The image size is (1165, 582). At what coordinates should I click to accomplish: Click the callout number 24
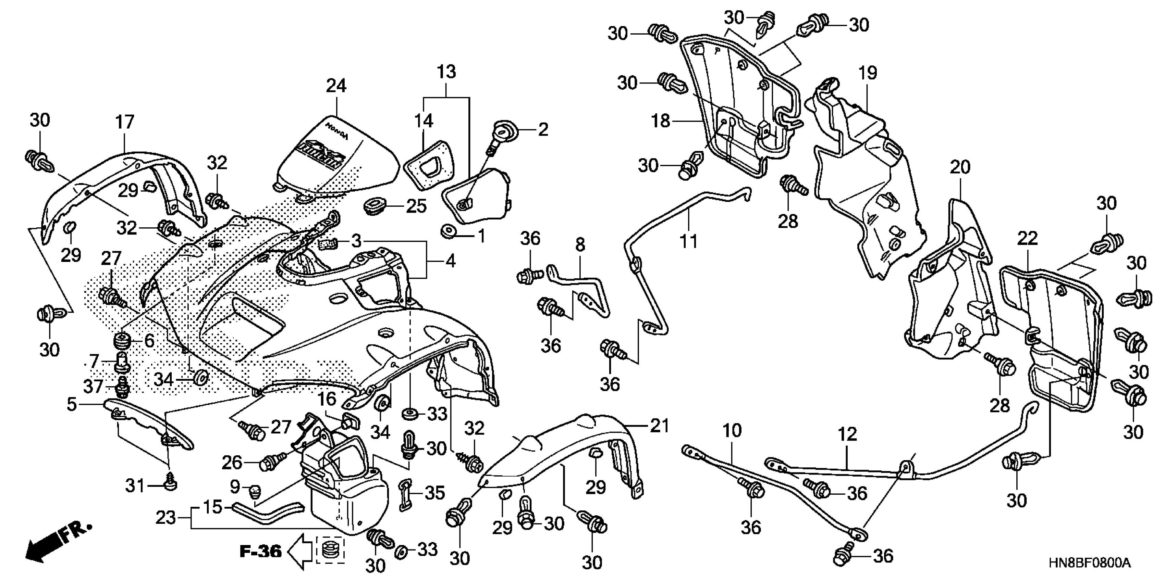coord(336,85)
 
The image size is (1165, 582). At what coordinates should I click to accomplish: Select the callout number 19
coord(868,73)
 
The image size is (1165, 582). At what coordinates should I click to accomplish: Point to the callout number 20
coord(960,168)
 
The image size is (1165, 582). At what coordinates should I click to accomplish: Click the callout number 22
coord(1027,239)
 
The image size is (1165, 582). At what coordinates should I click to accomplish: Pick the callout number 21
coord(659,425)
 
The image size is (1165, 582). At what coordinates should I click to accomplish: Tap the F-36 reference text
coord(260,551)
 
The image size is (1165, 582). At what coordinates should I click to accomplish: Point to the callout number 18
coord(660,121)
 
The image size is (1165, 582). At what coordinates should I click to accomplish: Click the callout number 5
coord(72,404)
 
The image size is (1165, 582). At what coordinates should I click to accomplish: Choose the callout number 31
coord(135,486)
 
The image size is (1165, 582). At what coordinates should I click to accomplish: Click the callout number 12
coord(847,434)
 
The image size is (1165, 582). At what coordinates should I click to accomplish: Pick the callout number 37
coord(93,386)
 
